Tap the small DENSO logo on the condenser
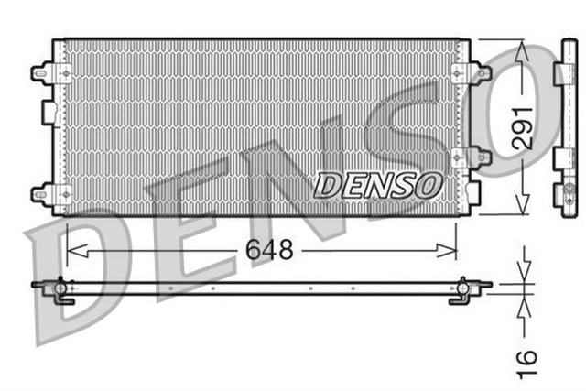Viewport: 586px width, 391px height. click(x=378, y=183)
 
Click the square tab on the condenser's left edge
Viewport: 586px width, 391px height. click(x=49, y=111)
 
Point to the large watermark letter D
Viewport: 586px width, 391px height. click(x=78, y=275)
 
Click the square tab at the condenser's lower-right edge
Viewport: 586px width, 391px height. click(x=472, y=191)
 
